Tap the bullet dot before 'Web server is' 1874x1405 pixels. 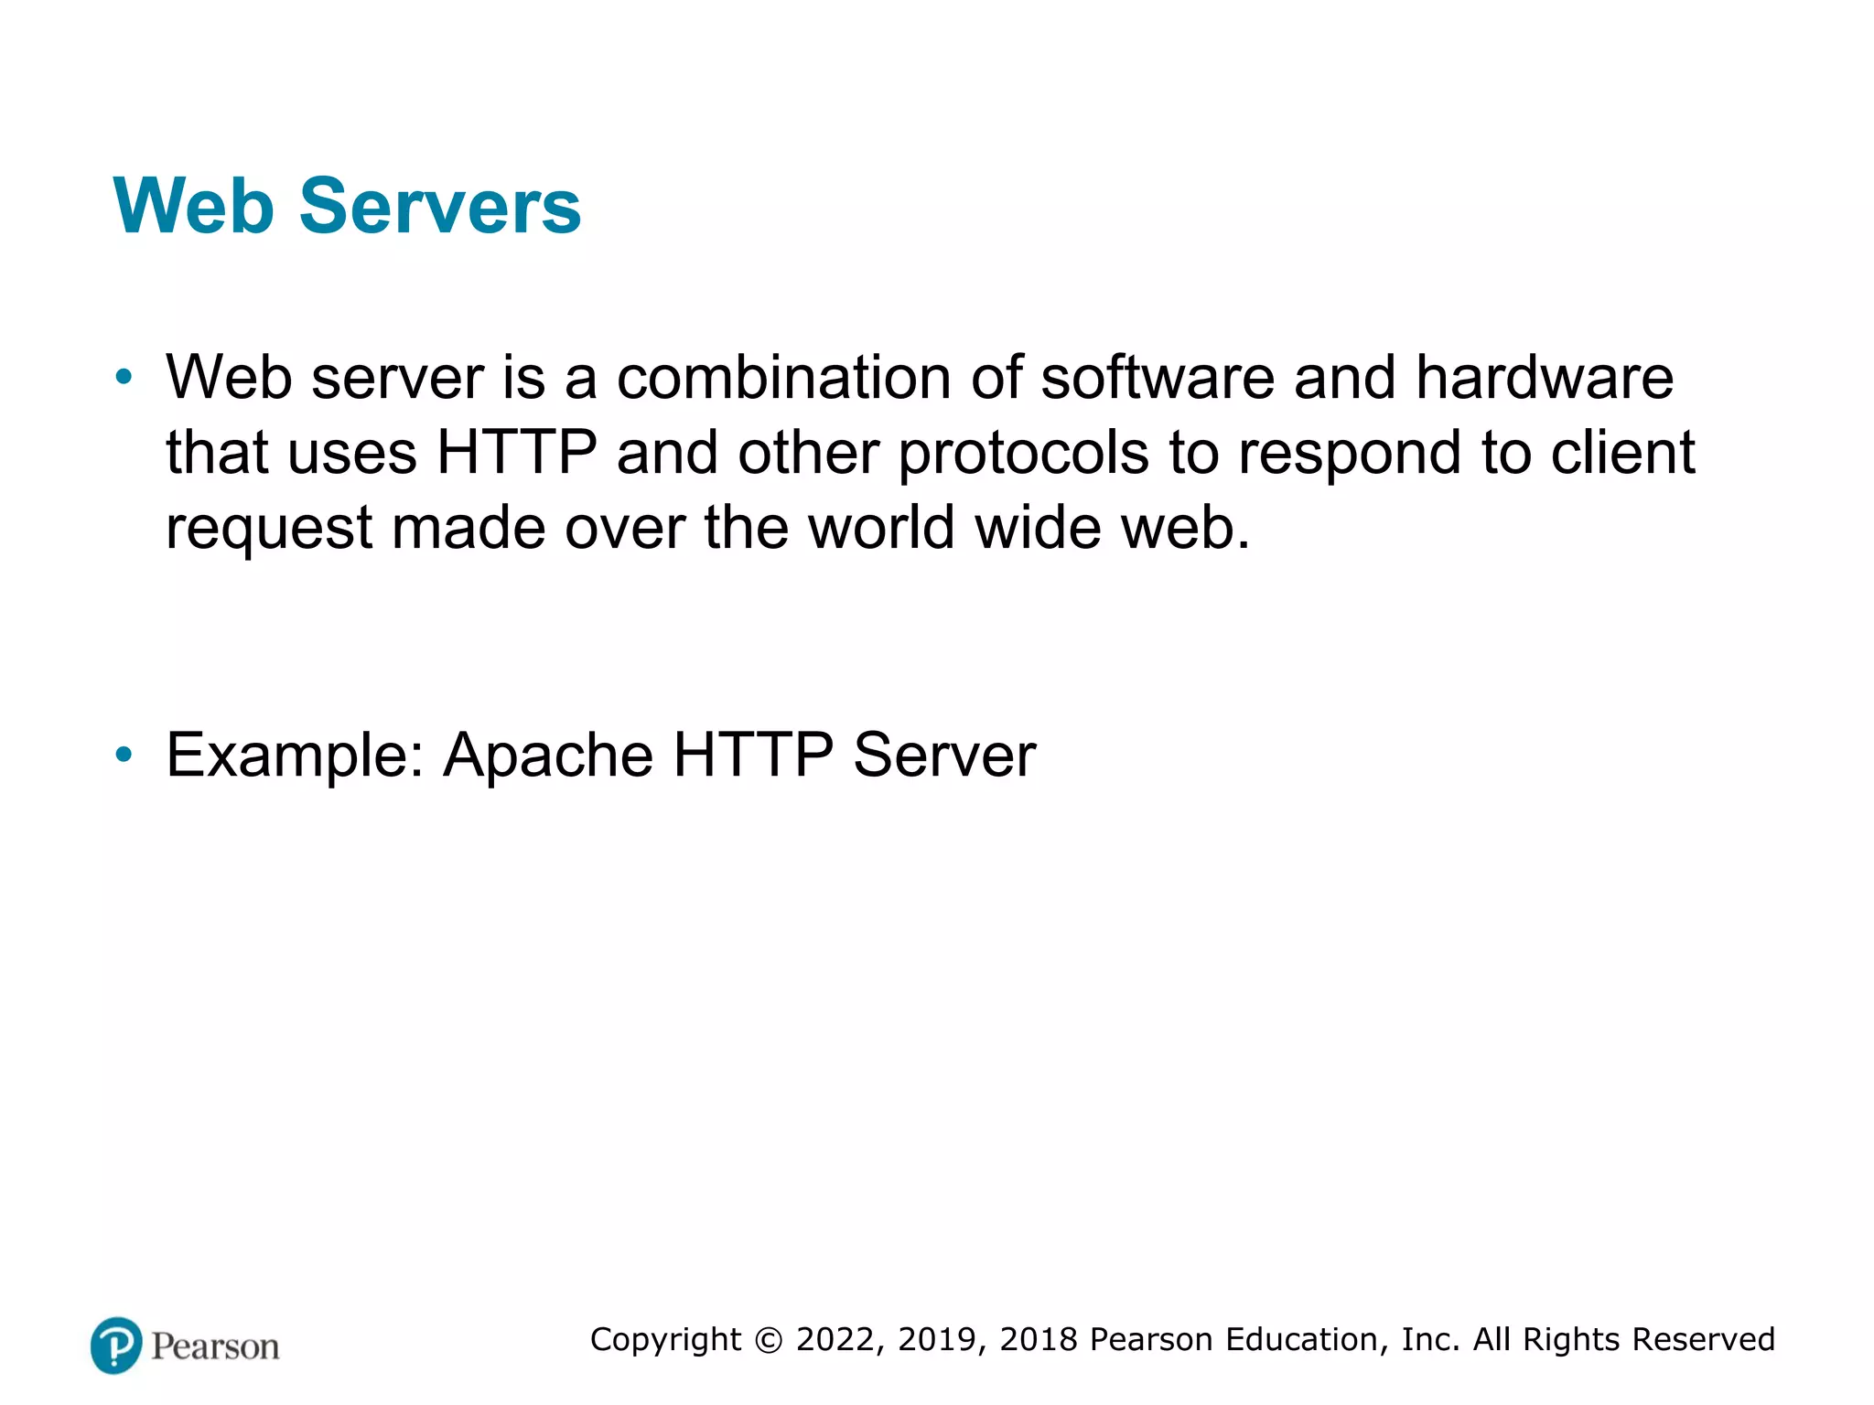(124, 377)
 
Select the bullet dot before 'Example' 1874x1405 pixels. (124, 756)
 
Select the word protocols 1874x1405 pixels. (1023, 454)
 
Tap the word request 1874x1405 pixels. (269, 529)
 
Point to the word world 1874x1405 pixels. (882, 528)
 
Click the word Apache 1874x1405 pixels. (548, 756)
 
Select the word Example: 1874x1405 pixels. (296, 756)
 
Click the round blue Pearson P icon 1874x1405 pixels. (116, 1346)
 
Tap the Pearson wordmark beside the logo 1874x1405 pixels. (215, 1346)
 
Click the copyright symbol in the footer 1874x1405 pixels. (769, 1340)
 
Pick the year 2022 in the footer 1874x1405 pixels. (835, 1340)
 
